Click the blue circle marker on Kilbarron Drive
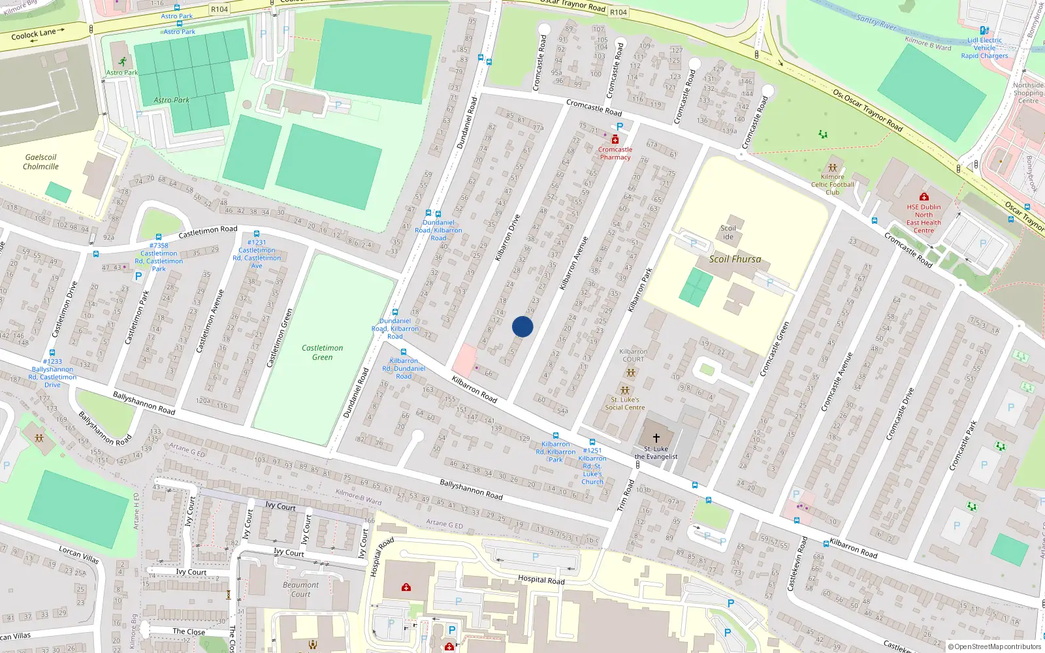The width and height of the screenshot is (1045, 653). pyautogui.click(x=522, y=326)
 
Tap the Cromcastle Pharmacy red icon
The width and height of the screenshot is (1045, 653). pyautogui.click(x=615, y=140)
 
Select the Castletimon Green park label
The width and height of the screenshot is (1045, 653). pyautogui.click(x=322, y=353)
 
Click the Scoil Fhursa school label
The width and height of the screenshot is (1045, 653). pyautogui.click(x=735, y=259)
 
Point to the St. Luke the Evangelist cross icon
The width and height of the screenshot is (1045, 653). pyautogui.click(x=656, y=438)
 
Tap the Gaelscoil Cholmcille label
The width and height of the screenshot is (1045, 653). pyautogui.click(x=40, y=162)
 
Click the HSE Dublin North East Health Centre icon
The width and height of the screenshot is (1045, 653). pyautogui.click(x=924, y=197)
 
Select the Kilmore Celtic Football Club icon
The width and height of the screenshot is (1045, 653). pyautogui.click(x=832, y=168)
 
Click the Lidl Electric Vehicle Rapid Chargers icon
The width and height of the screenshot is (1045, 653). pyautogui.click(x=984, y=30)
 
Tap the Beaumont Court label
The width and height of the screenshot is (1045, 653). pyautogui.click(x=300, y=589)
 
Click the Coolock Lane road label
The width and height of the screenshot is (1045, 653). pyautogui.click(x=34, y=34)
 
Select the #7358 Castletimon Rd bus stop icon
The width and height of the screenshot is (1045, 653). pyautogui.click(x=159, y=237)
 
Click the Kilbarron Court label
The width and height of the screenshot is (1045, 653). pyautogui.click(x=633, y=355)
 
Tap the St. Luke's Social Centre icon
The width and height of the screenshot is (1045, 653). pyautogui.click(x=625, y=390)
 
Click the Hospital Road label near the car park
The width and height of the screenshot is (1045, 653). pyautogui.click(x=541, y=579)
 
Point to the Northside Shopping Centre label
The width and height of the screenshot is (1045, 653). pyautogui.click(x=1028, y=93)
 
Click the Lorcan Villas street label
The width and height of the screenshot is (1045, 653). pyautogui.click(x=79, y=555)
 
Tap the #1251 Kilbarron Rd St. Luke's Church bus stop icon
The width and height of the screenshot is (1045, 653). pyautogui.click(x=592, y=442)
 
